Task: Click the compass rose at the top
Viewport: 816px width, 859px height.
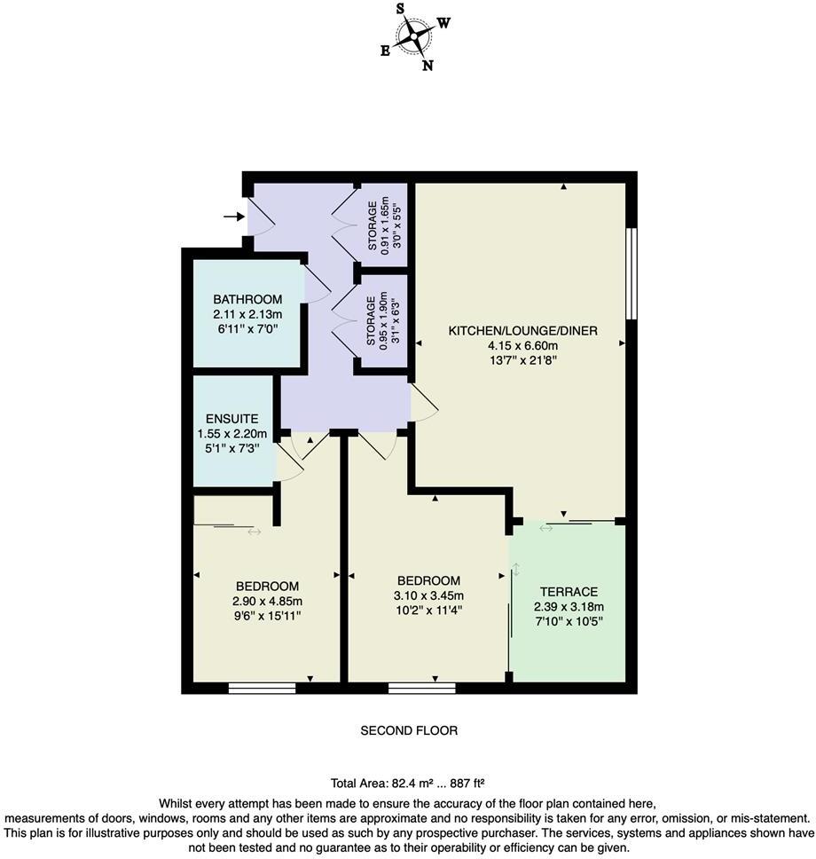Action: pos(414,36)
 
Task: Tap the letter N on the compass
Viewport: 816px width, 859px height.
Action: pos(428,65)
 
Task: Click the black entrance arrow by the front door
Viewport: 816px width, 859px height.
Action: pos(233,216)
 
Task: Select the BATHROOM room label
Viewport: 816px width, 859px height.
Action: pos(247,299)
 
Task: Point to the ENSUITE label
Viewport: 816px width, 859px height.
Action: pos(231,418)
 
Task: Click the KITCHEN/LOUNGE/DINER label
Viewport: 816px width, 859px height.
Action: pos(522,330)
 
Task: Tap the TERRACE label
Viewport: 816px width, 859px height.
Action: pos(568,591)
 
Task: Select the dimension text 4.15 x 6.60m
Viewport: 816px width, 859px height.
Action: pos(522,345)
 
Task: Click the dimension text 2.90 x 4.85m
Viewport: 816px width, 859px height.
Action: pos(267,601)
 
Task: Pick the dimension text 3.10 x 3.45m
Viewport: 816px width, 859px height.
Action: pos(428,595)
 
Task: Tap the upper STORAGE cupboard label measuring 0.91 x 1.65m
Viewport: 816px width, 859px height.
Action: pos(373,228)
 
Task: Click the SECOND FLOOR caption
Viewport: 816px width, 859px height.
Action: pos(409,731)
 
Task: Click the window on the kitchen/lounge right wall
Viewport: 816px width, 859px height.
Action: pos(631,273)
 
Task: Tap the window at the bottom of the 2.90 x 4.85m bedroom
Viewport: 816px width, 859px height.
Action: pos(262,688)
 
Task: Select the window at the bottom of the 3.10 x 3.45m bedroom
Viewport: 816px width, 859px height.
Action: pos(421,688)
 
